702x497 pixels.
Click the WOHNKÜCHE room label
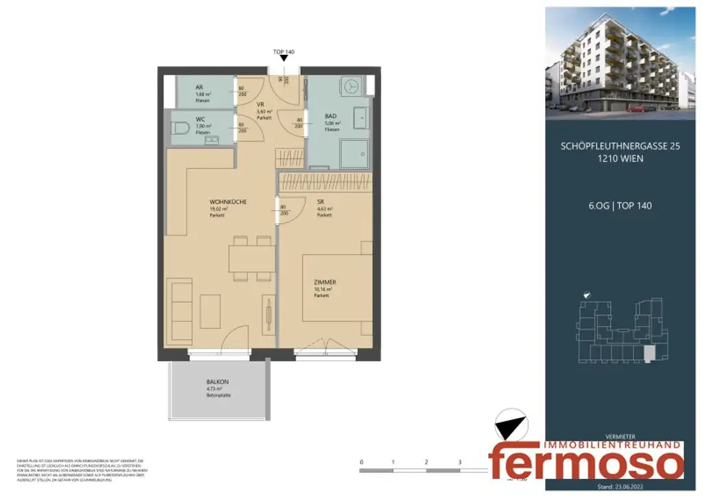[x=228, y=202]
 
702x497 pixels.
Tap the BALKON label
[x=217, y=382]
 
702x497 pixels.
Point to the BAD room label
[x=330, y=116]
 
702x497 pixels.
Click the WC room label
[x=200, y=119]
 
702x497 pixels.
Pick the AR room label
[x=199, y=88]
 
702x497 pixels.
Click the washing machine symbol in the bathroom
[x=352, y=87]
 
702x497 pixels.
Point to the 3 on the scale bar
[x=459, y=462]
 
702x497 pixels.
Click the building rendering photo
[x=620, y=60]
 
